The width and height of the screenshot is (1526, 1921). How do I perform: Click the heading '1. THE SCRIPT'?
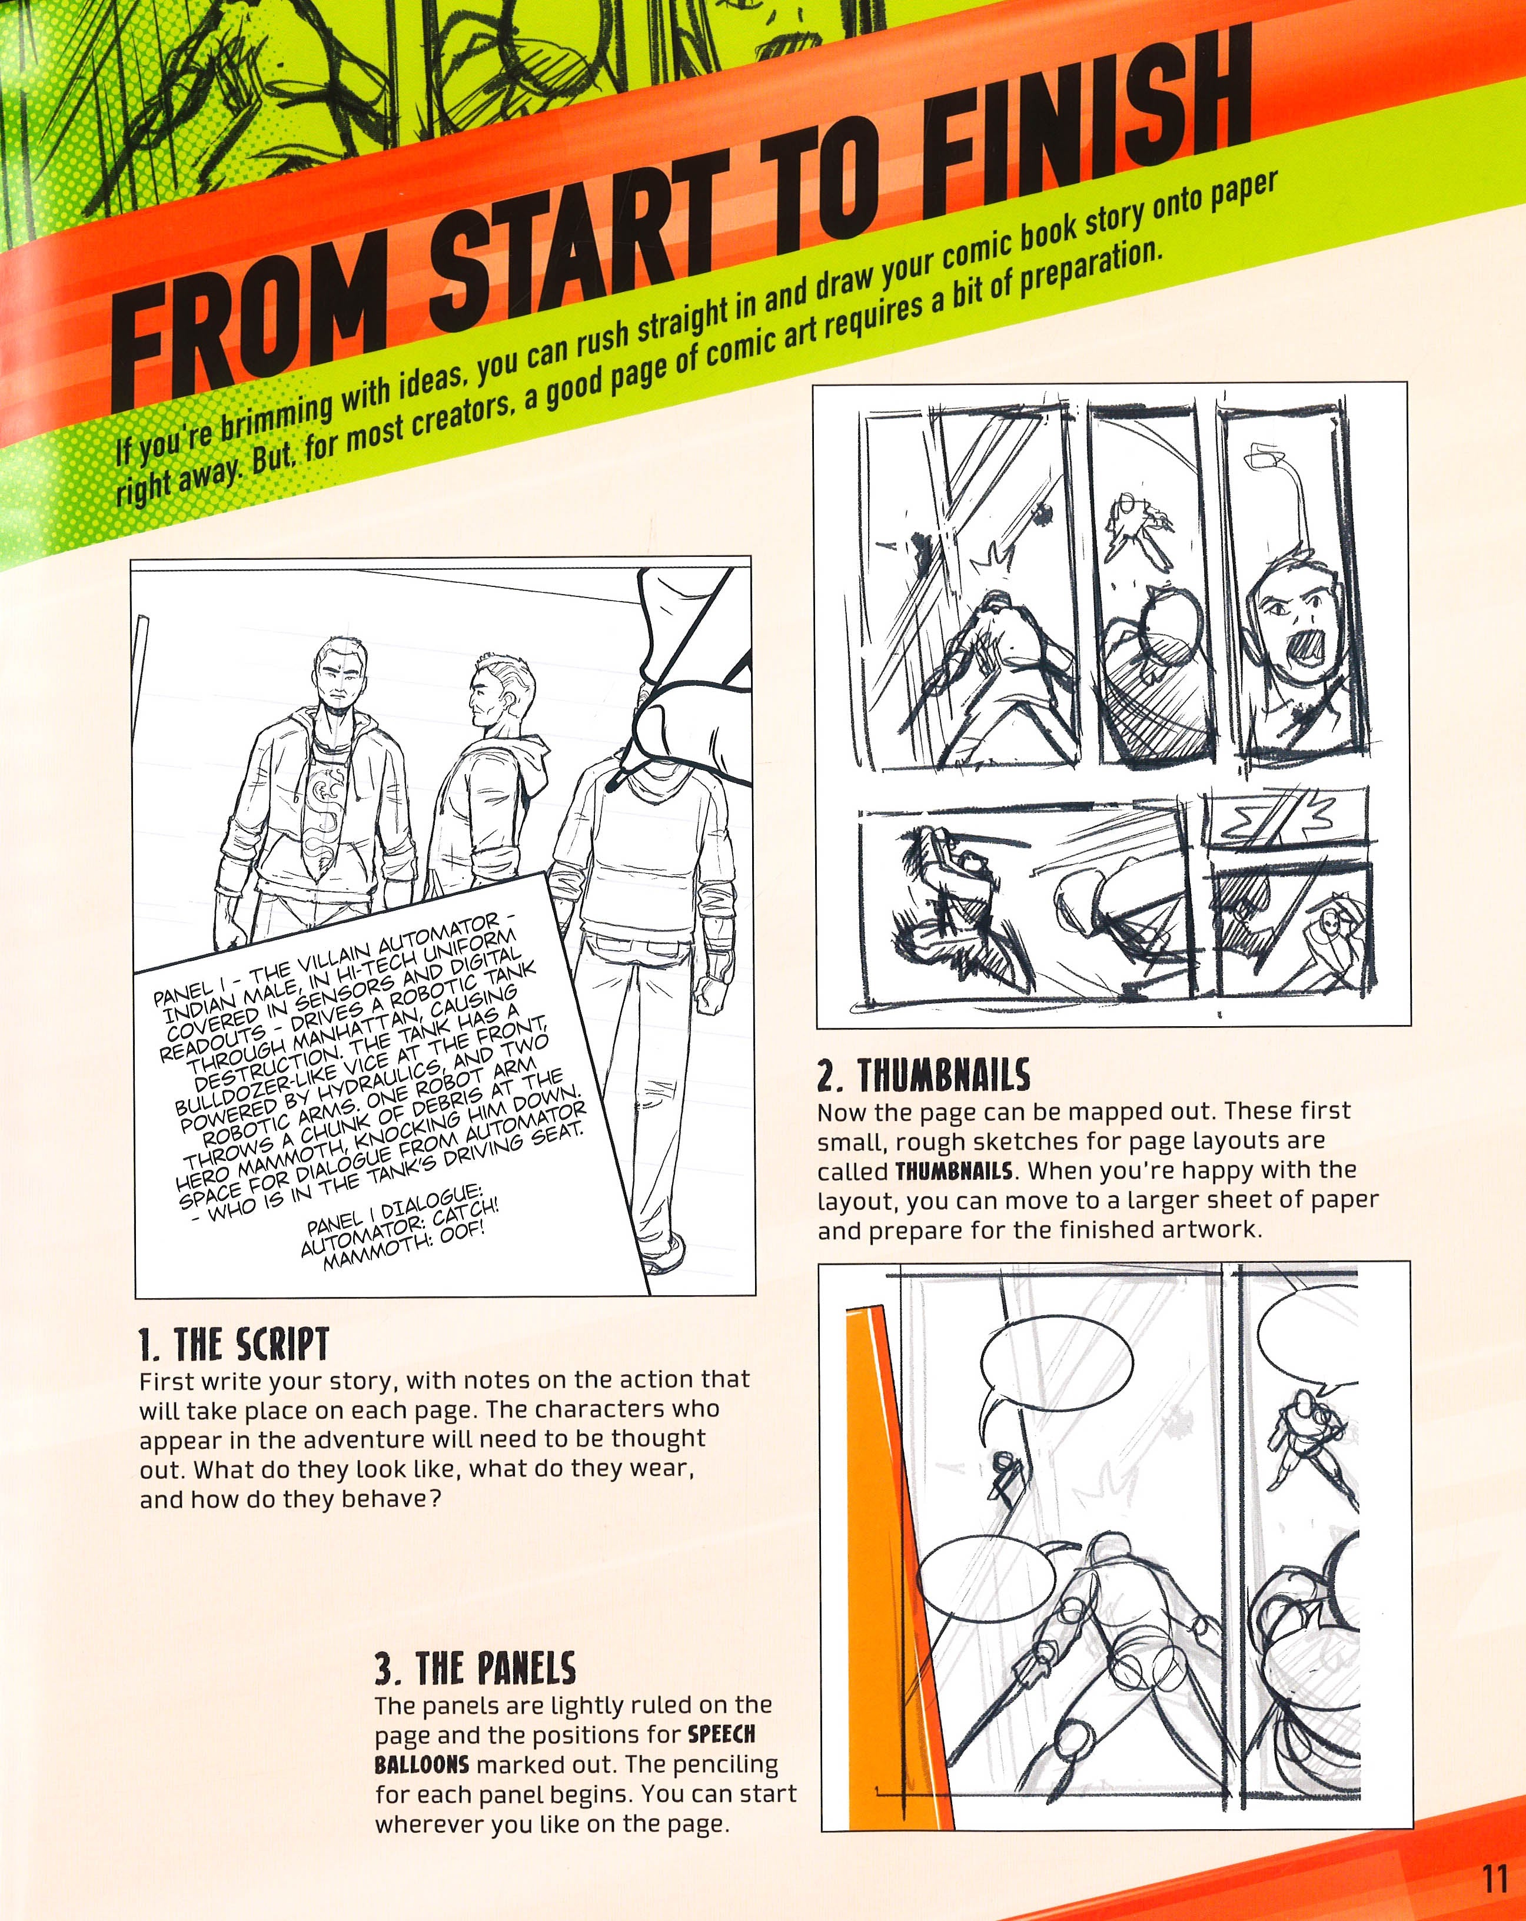click(x=234, y=1343)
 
